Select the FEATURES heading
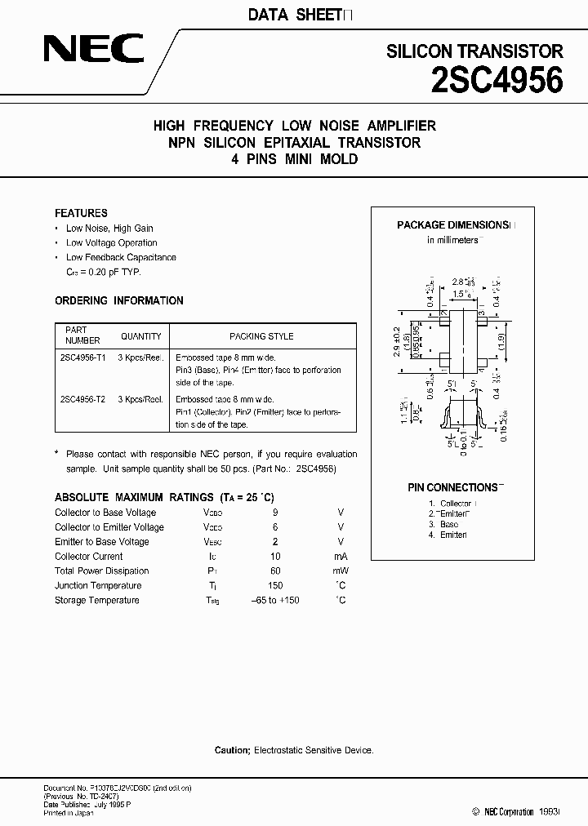tap(81, 213)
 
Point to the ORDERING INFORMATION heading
tap(119, 300)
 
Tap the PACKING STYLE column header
tap(261, 335)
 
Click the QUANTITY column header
tap(141, 335)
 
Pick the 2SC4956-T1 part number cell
tap(82, 357)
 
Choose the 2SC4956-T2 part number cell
tap(82, 399)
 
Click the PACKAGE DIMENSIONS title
tap(453, 224)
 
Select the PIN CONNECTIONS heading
tap(453, 487)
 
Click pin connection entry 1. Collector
tap(454, 504)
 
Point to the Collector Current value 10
tap(275, 556)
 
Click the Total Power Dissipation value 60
tap(275, 571)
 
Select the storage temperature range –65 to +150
tap(275, 600)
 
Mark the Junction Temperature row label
tap(98, 585)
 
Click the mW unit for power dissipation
tap(340, 571)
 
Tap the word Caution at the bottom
tap(232, 749)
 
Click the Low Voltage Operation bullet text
tap(112, 242)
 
